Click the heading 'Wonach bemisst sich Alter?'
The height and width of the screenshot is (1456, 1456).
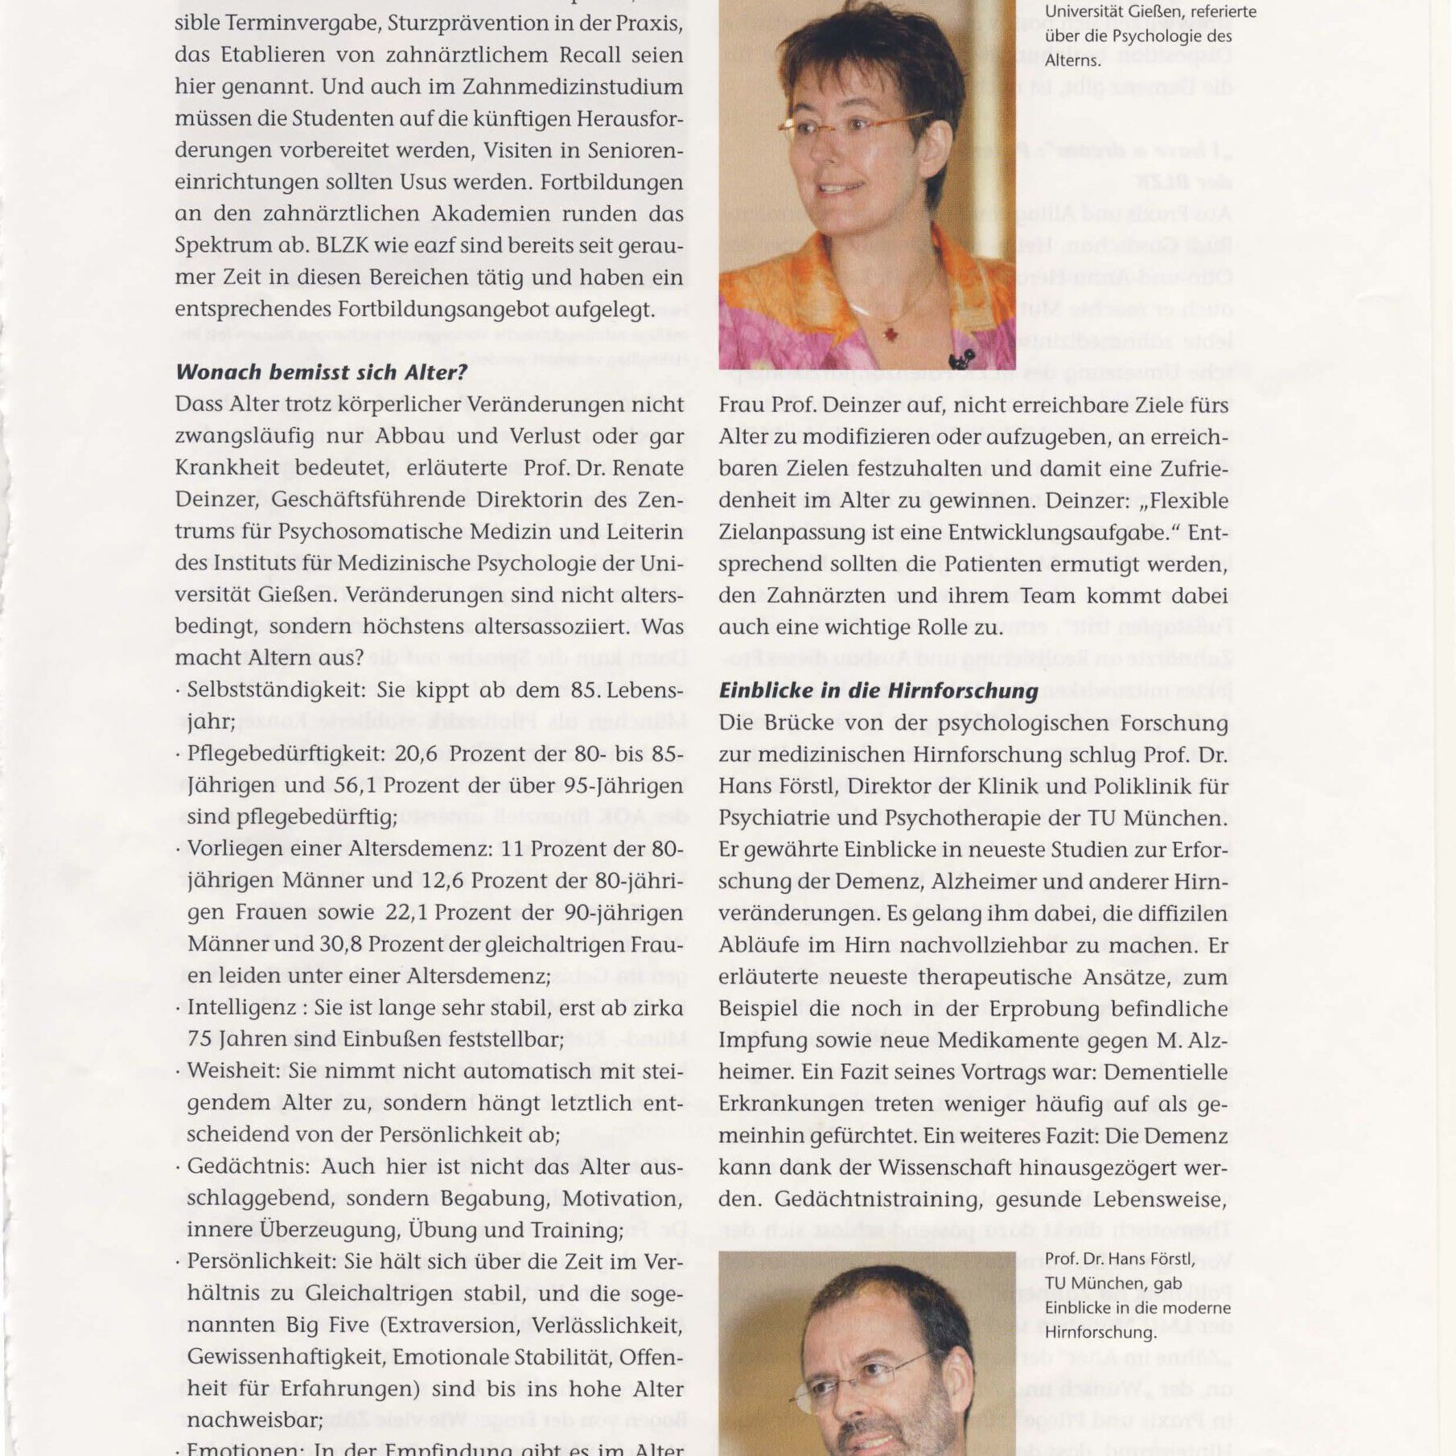tap(321, 372)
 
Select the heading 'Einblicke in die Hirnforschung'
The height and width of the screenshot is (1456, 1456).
tap(878, 691)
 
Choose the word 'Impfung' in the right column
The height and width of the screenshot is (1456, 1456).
tap(758, 1040)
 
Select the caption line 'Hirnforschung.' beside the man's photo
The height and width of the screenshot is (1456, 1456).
tap(1100, 1332)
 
